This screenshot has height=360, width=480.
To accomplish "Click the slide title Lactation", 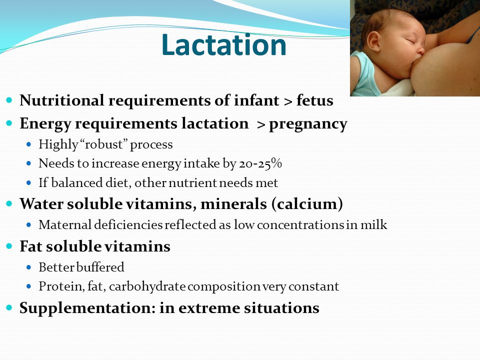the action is tap(224, 45).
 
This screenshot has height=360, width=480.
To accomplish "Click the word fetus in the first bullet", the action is tap(314, 100).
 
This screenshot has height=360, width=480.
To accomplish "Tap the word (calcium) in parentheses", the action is tap(307, 204).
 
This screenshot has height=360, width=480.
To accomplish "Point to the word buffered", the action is tap(100, 267).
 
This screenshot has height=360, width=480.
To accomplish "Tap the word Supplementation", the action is tap(85, 308).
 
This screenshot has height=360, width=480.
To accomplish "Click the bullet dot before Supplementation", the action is tap(9, 307).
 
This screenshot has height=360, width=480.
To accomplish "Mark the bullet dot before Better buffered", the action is tap(29, 267).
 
